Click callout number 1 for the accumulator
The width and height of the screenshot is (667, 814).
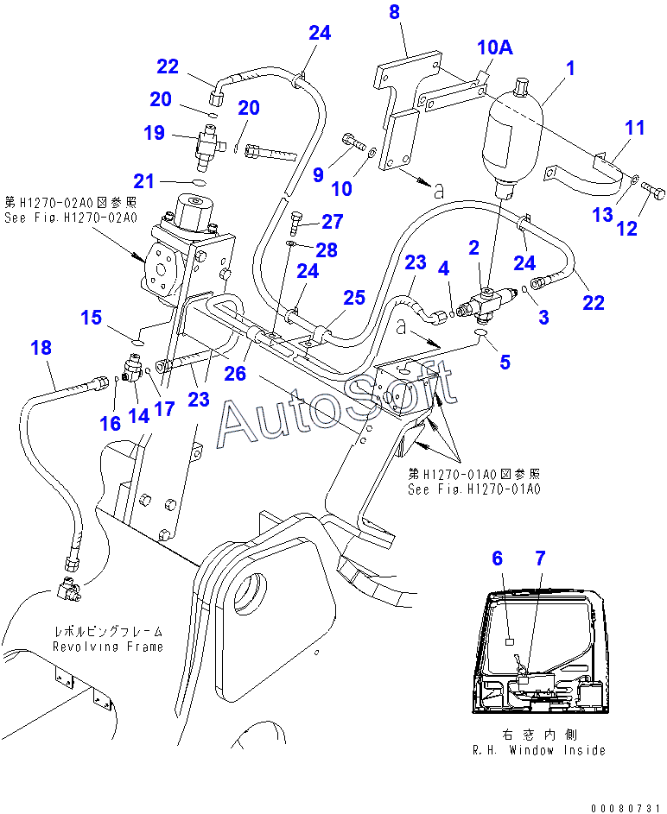coord(570,66)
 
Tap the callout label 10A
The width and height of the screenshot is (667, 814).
coord(496,47)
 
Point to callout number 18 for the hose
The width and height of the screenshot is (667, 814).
coord(41,348)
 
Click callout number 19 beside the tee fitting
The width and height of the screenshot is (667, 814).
coord(154,133)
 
